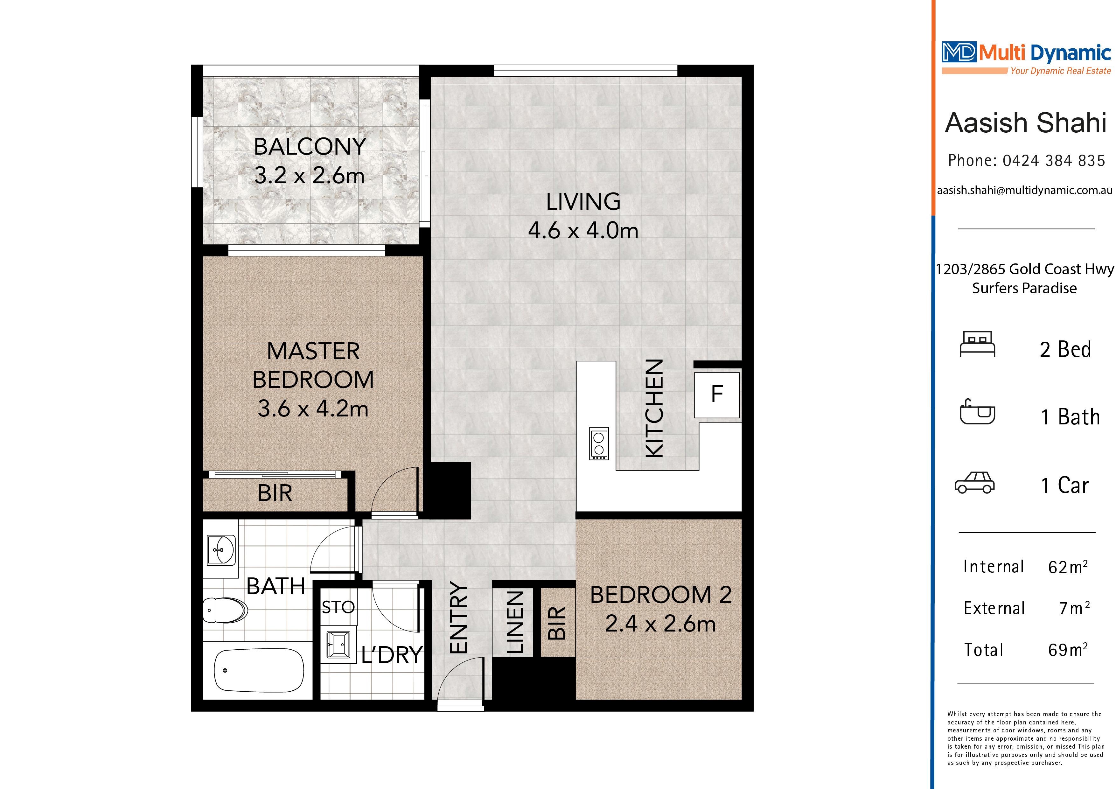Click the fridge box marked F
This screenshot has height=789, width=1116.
(717, 395)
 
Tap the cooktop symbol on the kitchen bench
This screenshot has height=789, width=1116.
(599, 443)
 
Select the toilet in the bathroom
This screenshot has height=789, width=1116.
(225, 610)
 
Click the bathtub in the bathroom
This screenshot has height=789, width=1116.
(259, 670)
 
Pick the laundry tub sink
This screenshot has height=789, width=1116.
(338, 645)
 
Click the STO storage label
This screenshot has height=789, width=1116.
(338, 607)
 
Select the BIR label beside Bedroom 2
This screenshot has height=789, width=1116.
(557, 623)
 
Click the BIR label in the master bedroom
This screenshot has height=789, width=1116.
(275, 493)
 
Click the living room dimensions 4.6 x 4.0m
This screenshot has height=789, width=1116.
(583, 230)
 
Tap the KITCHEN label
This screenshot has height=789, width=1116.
(654, 408)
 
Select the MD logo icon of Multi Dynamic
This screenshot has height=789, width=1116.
(959, 52)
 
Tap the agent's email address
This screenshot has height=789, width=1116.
(1025, 190)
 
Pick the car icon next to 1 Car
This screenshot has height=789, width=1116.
(974, 483)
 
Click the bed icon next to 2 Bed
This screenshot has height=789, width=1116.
(978, 344)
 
